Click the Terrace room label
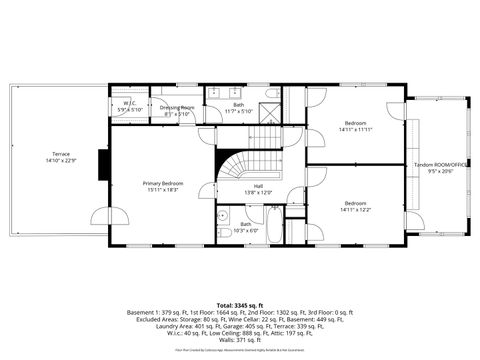click(55, 154)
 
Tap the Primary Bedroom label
click(162, 183)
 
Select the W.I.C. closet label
click(129, 102)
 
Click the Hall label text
click(258, 186)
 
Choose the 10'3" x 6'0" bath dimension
click(246, 230)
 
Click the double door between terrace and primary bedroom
click(108, 215)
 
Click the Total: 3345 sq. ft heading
click(238, 304)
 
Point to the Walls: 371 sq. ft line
click(238, 340)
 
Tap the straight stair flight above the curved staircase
click(265, 136)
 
